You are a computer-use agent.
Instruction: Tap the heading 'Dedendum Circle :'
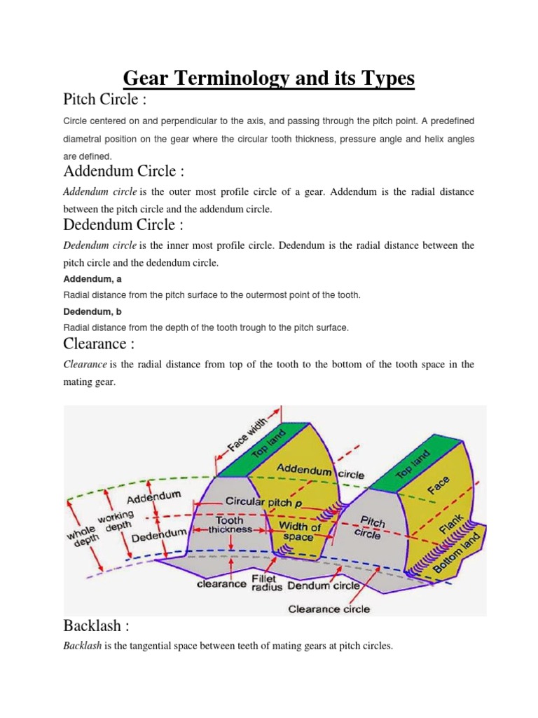point(123,225)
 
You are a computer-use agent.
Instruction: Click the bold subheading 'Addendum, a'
point(92,279)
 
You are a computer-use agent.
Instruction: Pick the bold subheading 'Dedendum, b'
point(92,311)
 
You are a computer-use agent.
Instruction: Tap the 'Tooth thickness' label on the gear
point(229,525)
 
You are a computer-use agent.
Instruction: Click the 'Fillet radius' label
point(267,584)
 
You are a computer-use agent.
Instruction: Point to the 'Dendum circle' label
point(324,585)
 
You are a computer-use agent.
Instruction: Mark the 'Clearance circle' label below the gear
point(329,609)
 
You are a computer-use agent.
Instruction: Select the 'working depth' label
point(116,523)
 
